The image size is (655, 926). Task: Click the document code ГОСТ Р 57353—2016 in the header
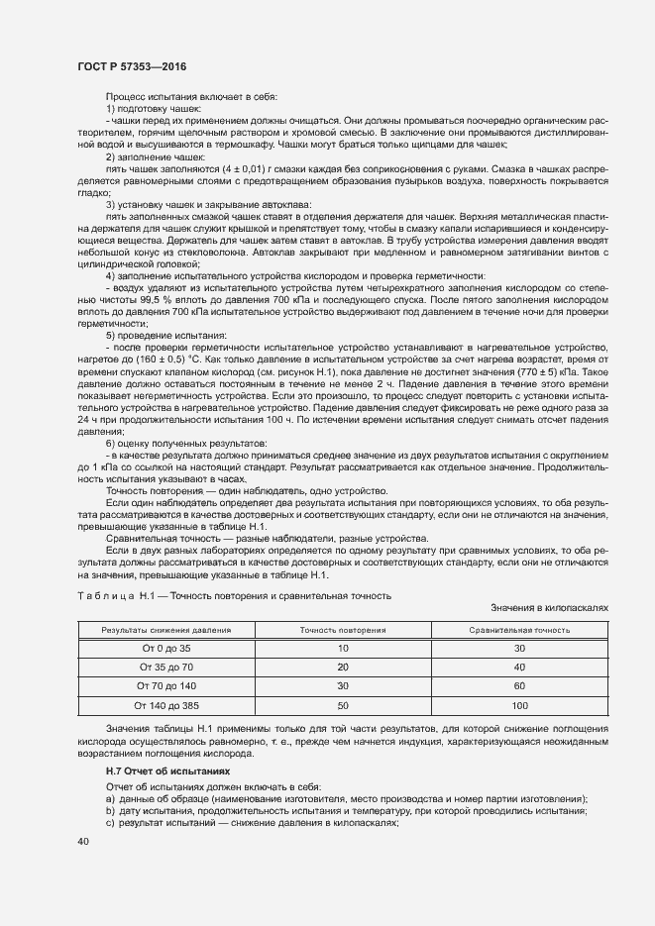[131, 66]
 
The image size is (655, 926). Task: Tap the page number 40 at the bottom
[83, 841]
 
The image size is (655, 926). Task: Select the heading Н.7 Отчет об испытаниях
[166, 770]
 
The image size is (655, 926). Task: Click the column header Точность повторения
[343, 630]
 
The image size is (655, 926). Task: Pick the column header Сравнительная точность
[519, 630]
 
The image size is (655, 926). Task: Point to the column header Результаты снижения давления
[166, 630]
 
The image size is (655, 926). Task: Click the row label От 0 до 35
[166, 648]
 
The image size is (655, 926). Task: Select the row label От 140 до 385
[166, 704]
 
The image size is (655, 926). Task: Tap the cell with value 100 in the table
[519, 704]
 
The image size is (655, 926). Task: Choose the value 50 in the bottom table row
[343, 704]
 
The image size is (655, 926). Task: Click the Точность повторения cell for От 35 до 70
[343, 667]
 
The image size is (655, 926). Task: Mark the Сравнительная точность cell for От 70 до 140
[519, 685]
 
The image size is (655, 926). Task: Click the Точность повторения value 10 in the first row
[343, 648]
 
